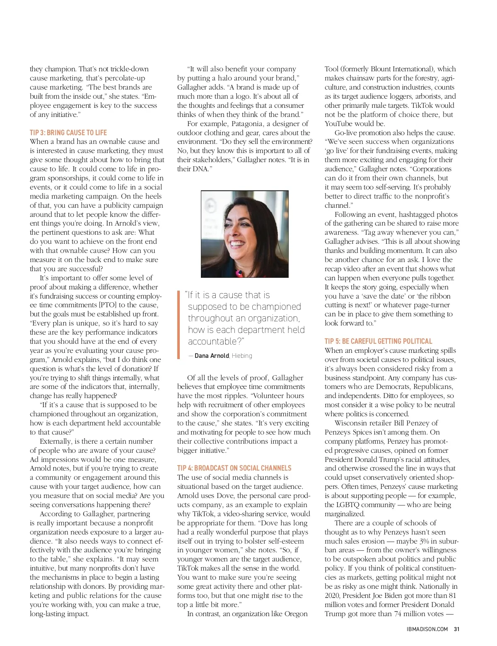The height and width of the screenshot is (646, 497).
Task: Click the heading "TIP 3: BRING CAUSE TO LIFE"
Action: (x=68, y=133)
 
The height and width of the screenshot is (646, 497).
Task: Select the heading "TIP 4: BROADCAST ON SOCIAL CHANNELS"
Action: (x=234, y=468)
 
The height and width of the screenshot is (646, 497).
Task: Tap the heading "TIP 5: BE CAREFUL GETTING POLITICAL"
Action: (x=378, y=341)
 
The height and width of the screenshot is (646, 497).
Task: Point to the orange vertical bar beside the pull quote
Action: (x=179, y=325)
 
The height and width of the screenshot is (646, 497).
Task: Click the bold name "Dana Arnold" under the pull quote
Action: (x=212, y=356)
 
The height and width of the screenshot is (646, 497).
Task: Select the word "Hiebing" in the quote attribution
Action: (x=242, y=356)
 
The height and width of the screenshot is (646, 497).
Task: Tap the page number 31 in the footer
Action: (x=456, y=629)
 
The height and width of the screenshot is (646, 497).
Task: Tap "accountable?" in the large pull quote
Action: (x=216, y=341)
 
